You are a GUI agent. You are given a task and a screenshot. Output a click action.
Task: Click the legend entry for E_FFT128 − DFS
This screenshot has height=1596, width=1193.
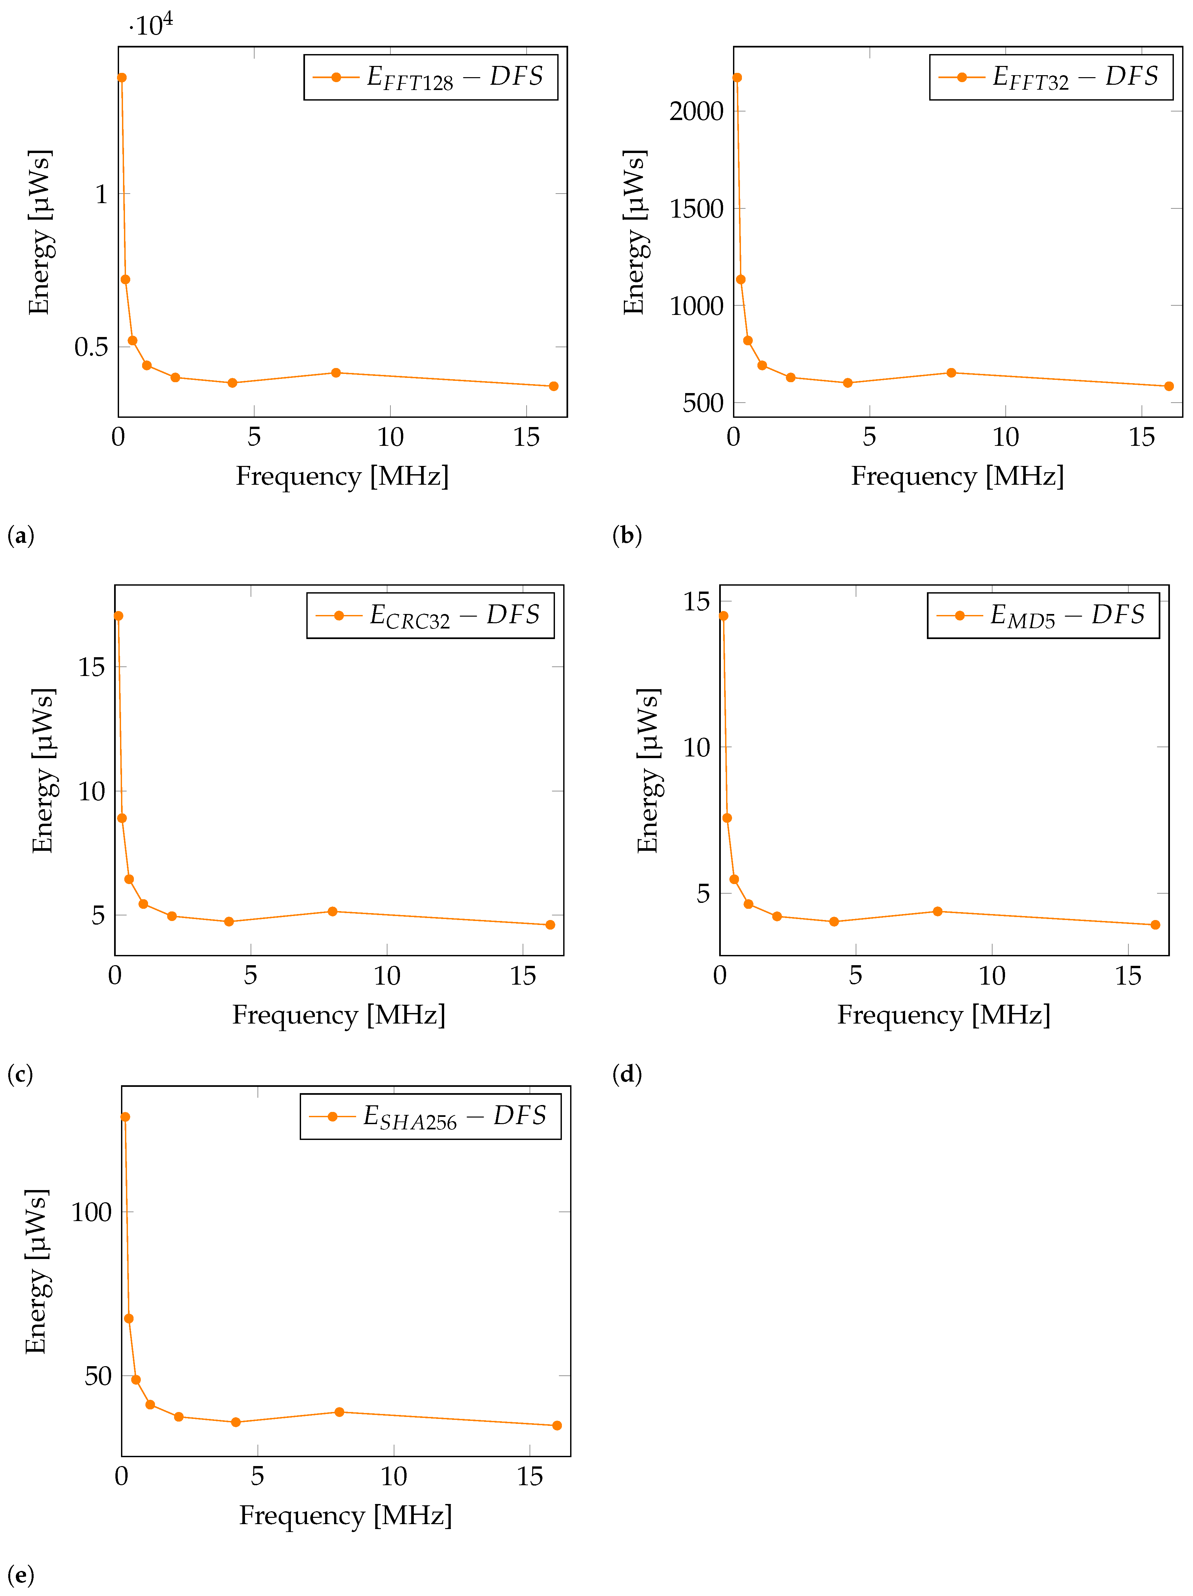tap(431, 77)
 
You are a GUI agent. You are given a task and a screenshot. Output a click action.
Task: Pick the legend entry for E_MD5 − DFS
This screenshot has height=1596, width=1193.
tap(1043, 615)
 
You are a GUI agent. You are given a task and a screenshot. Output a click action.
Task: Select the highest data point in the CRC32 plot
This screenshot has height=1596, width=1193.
tap(118, 615)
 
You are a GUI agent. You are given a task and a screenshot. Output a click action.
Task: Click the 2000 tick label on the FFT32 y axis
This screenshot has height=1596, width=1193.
tap(696, 112)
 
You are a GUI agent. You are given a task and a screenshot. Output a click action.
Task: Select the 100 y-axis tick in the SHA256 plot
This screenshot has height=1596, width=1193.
tap(92, 1212)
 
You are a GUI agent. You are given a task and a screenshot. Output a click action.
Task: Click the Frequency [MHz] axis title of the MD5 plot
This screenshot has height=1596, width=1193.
tap(943, 1015)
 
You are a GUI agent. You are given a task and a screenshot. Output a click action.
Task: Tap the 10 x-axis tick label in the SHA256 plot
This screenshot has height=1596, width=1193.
tap(394, 1477)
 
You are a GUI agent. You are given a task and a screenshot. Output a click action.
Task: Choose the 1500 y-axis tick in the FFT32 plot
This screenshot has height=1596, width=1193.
tap(696, 209)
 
